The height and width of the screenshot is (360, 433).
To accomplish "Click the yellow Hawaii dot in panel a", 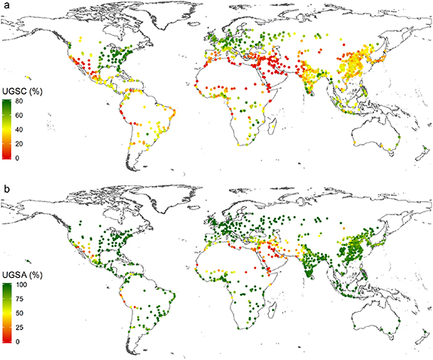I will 28,76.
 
